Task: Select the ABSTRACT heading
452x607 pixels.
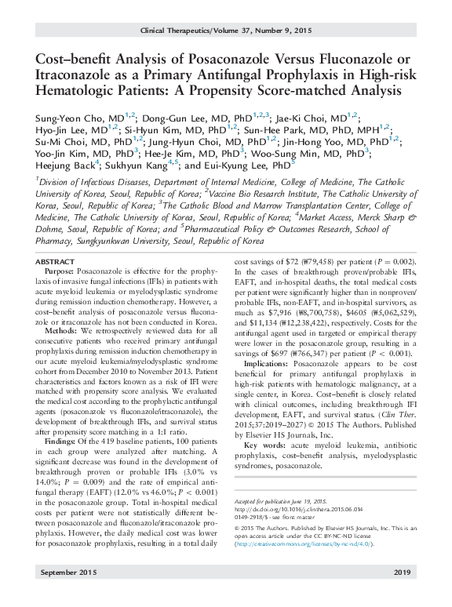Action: coord(57,260)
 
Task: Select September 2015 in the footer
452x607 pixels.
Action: coord(67,594)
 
